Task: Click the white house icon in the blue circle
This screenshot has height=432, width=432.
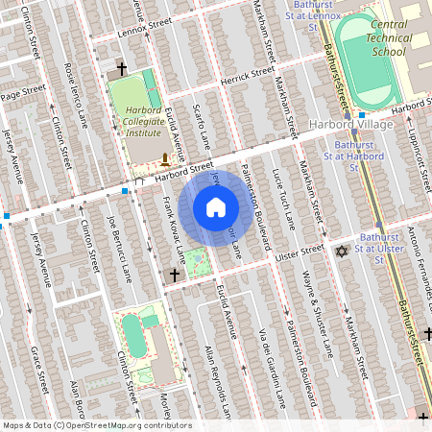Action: click(216, 207)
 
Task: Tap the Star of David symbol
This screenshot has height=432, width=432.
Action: click(339, 252)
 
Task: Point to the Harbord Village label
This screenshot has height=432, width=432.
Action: click(348, 125)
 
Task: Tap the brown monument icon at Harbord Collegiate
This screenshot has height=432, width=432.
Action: click(166, 158)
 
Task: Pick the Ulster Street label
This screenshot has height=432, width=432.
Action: click(301, 251)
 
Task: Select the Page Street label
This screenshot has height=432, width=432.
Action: click(23, 92)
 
